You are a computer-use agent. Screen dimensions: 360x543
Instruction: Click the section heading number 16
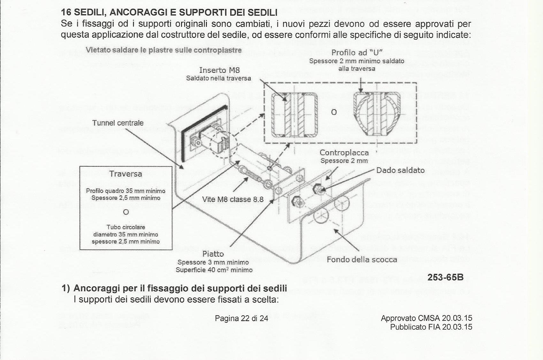(66, 13)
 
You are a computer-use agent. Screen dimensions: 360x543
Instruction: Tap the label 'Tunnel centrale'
(118, 123)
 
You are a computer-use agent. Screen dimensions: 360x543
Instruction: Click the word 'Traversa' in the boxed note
(126, 174)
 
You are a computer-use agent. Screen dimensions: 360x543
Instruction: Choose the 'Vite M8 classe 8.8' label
(233, 199)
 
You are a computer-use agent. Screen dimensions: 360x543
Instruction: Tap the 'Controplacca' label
(344, 153)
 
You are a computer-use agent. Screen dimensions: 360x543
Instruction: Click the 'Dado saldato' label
(400, 170)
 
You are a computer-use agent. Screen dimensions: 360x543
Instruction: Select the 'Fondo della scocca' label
(362, 259)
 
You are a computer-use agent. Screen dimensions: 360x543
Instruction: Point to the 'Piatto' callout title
(213, 254)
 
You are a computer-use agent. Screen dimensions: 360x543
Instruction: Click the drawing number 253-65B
(445, 277)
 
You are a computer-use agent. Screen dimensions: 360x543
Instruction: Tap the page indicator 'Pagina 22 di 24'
(241, 318)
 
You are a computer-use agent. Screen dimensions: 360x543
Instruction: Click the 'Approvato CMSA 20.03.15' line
(426, 318)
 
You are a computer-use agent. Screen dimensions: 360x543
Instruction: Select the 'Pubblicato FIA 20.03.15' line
(431, 327)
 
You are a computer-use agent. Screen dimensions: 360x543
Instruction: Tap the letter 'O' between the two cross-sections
(334, 112)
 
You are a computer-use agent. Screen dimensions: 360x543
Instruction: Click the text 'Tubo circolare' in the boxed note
(126, 227)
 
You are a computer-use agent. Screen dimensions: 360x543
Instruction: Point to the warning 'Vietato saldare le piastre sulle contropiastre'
(164, 50)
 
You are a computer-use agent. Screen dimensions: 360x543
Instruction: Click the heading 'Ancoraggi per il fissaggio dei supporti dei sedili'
(180, 288)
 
